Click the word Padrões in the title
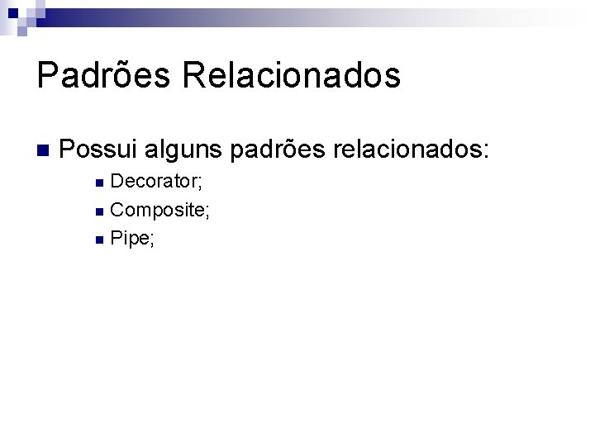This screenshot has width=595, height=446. (103, 75)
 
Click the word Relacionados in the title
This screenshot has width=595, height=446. (292, 75)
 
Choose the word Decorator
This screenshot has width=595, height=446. (155, 181)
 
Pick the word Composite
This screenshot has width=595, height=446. (157, 210)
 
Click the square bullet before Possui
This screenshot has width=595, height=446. (43, 151)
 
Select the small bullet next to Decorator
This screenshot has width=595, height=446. (99, 183)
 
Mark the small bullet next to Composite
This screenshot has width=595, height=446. (99, 211)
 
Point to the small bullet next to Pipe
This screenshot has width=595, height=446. (99, 240)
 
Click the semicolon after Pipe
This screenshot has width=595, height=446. (153, 241)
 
